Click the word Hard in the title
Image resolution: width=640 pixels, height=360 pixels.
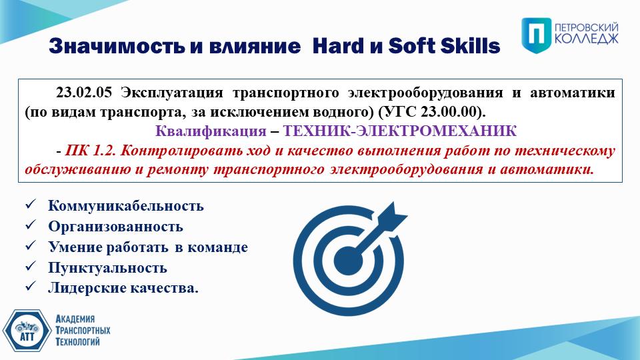[339, 46]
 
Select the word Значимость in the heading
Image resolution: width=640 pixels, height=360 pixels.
[117, 46]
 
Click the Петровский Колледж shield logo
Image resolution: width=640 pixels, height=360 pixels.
[536, 35]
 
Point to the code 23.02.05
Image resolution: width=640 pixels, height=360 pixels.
[84, 93]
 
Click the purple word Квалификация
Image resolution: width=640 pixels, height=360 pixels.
[211, 131]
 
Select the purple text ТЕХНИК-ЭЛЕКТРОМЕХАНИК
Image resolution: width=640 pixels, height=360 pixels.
[399, 131]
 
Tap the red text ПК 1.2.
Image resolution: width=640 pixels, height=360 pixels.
[91, 151]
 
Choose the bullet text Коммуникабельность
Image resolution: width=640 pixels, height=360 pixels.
[126, 206]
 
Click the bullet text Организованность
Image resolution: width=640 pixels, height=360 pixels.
[115, 227]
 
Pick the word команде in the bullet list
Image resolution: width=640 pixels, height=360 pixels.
[217, 247]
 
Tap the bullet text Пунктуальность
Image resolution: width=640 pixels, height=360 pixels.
[108, 268]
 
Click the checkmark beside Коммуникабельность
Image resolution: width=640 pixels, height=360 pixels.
[31, 205]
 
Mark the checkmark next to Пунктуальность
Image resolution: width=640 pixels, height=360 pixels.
[31, 267]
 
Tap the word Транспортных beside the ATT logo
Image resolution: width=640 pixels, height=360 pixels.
[83, 330]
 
